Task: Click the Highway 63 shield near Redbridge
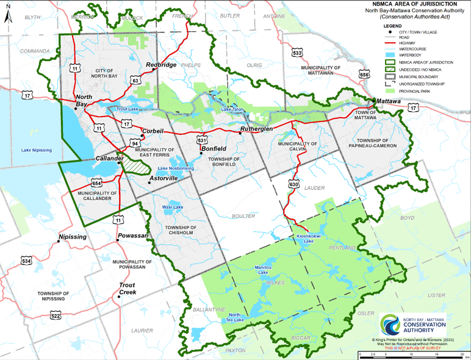135,80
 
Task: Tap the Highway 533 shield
297,53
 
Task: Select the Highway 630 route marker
294,184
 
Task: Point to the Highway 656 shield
364,74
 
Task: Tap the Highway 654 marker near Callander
96,183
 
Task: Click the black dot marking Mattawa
373,100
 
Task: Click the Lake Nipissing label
36,150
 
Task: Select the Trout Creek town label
128,289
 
